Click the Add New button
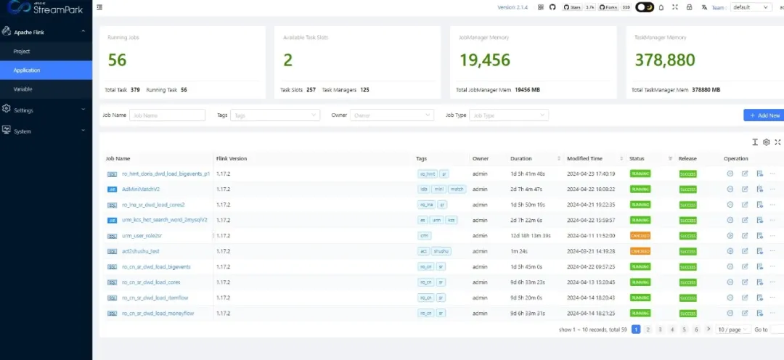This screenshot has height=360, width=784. [764, 115]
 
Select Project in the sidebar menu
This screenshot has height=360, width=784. [22, 52]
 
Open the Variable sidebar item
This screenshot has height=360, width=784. [23, 89]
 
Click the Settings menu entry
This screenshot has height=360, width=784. [24, 110]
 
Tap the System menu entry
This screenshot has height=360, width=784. [23, 131]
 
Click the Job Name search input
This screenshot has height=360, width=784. [167, 115]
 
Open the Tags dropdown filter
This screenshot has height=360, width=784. [274, 115]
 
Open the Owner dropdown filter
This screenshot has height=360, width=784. [392, 115]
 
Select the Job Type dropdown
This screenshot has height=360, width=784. [509, 115]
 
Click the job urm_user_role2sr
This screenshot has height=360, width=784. [142, 236]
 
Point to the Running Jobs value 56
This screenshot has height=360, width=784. [118, 60]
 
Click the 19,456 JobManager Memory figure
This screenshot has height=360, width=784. [485, 60]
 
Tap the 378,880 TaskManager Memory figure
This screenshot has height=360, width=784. [665, 60]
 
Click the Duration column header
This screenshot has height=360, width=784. [521, 158]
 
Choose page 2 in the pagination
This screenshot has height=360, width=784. [648, 330]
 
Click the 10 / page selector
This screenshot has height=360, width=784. [732, 330]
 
